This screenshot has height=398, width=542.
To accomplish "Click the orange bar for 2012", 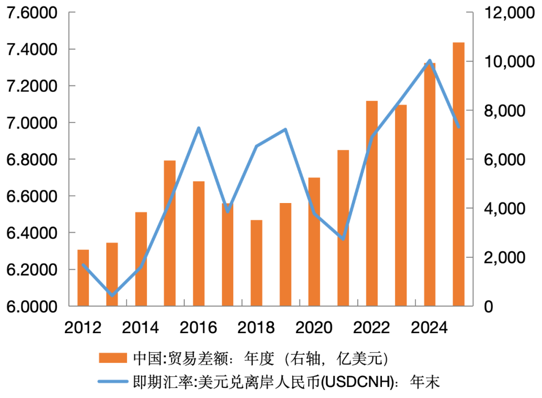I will click(x=83, y=277).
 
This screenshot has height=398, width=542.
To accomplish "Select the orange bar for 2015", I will click(x=170, y=233).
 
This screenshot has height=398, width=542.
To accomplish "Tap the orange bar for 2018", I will click(x=256, y=263).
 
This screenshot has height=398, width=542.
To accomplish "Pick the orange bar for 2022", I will click(x=372, y=203).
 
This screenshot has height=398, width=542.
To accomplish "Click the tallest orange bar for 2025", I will click(x=458, y=174).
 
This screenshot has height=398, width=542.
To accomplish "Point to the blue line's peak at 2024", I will click(x=430, y=61).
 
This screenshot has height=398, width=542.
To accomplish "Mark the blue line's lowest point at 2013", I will click(x=112, y=295).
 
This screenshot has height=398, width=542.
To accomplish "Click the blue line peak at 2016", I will click(x=199, y=128).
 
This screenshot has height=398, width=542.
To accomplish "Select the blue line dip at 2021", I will click(x=343, y=239).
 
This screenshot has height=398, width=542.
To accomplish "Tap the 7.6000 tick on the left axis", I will click(x=31, y=13).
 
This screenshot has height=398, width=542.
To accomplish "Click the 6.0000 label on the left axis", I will click(x=31, y=306).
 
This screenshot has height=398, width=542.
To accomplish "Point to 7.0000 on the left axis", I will click(x=31, y=123).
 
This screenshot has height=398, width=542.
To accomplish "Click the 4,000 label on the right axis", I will click(x=502, y=208).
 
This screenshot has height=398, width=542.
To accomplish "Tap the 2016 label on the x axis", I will click(x=199, y=328).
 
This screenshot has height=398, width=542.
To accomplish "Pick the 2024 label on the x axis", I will click(x=430, y=328).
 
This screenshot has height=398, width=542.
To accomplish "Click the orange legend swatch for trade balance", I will click(x=113, y=358).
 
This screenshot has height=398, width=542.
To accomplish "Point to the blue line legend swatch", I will click(x=113, y=382).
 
